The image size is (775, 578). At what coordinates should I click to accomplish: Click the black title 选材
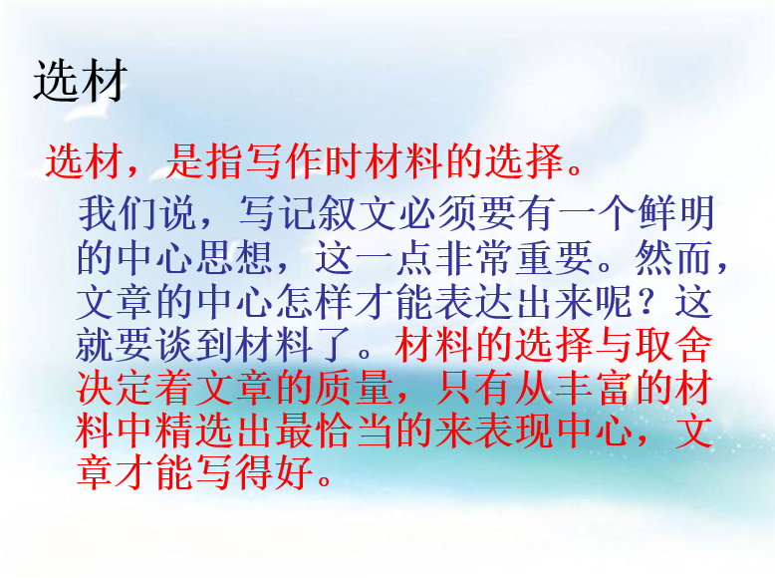click(x=81, y=81)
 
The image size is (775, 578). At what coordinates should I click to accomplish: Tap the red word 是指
click(x=205, y=161)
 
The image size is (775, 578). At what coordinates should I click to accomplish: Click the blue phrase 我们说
click(x=136, y=213)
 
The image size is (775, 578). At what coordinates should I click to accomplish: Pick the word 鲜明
click(x=676, y=213)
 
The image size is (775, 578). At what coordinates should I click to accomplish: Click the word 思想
click(x=235, y=257)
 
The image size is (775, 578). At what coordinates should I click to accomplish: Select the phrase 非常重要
click(x=514, y=257)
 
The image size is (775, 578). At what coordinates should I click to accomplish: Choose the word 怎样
click(x=314, y=301)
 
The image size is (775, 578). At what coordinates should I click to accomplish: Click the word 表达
click(x=474, y=301)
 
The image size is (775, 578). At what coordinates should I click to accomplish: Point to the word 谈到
click(x=194, y=345)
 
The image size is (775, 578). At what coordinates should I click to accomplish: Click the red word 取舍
click(x=673, y=345)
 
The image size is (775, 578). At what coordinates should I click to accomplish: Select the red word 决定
click(x=116, y=388)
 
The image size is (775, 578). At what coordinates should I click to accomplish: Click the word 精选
click(x=194, y=431)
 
